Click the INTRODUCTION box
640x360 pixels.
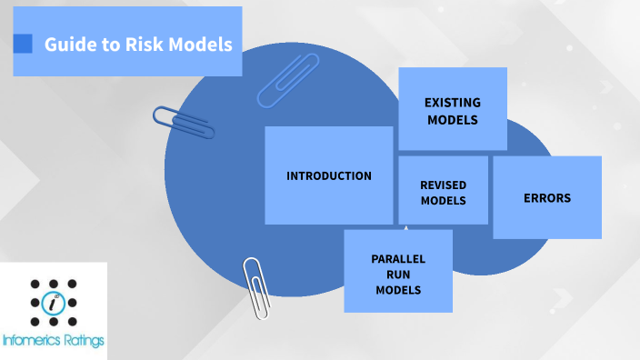pos(328,175)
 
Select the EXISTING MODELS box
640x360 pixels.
pos(452,109)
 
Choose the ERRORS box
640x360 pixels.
pos(546,197)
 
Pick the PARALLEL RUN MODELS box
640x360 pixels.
pos(397,271)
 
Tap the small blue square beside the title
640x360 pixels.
pos(24,43)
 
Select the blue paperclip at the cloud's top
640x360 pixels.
pos(289,79)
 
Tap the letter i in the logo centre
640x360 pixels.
pos(54,303)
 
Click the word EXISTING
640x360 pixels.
pos(452,102)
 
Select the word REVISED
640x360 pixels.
pos(443,185)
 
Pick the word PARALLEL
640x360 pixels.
pos(397,259)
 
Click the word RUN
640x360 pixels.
pos(397,275)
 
